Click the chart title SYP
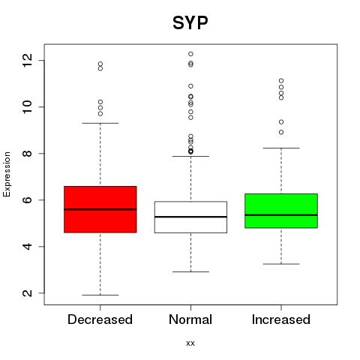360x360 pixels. click(x=190, y=22)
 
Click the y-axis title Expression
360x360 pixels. click(x=7, y=174)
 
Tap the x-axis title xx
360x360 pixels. click(x=190, y=343)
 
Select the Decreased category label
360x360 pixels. click(x=100, y=319)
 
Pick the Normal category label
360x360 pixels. click(x=190, y=319)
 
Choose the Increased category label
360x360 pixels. click(x=281, y=319)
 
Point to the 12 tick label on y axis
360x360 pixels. click(x=28, y=60)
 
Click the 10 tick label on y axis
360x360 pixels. click(x=28, y=106)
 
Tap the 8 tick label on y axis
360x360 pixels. click(x=28, y=153)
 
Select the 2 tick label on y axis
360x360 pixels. click(x=28, y=292)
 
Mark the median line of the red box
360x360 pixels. click(x=100, y=209)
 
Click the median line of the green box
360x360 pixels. click(x=281, y=215)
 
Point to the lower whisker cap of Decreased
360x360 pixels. click(x=100, y=295)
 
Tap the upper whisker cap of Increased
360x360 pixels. click(x=281, y=148)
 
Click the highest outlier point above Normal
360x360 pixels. click(x=190, y=54)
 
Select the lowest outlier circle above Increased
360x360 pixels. click(x=281, y=132)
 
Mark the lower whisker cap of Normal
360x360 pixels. click(x=190, y=271)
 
